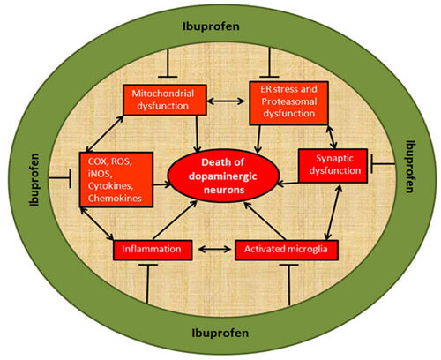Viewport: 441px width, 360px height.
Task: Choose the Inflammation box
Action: click(x=153, y=250)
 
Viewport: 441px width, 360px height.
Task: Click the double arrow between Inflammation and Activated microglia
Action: click(x=213, y=250)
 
